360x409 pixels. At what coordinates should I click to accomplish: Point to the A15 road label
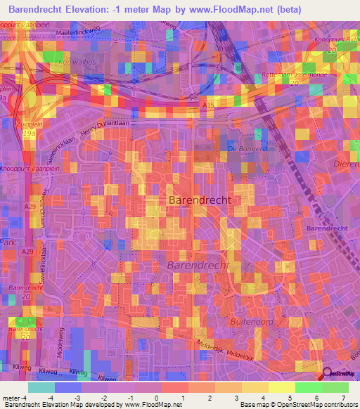[x=208, y=105]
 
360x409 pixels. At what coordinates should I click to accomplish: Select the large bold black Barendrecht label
[x=200, y=200]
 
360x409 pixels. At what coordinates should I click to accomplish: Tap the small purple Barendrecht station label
[x=327, y=229]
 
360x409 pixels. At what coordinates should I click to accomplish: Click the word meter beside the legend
[x=11, y=398]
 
